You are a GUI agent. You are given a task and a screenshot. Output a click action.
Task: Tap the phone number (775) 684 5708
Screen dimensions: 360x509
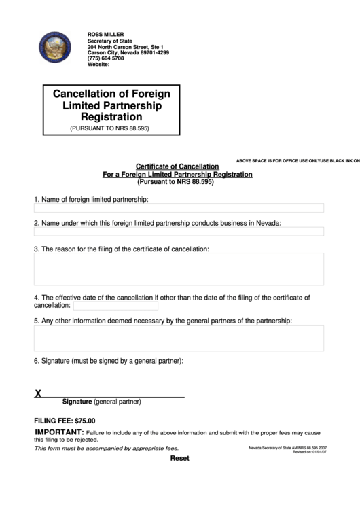[106, 58]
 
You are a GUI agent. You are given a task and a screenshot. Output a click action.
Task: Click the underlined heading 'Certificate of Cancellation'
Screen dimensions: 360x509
[177, 166]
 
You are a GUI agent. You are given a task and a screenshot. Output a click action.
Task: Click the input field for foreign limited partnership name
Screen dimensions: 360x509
[179, 208]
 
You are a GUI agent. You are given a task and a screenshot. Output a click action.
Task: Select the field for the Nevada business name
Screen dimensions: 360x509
[179, 232]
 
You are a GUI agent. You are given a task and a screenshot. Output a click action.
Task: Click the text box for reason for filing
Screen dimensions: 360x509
[179, 269]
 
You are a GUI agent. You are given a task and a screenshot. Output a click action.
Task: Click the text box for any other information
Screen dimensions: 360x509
[179, 338]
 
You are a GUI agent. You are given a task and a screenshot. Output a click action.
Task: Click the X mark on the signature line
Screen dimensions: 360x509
[38, 393]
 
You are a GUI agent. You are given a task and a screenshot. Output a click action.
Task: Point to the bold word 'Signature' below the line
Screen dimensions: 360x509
[77, 402]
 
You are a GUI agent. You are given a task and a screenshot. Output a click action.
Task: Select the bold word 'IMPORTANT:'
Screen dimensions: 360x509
[59, 432]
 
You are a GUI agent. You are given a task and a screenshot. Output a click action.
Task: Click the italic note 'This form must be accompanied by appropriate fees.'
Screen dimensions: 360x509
[107, 449]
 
